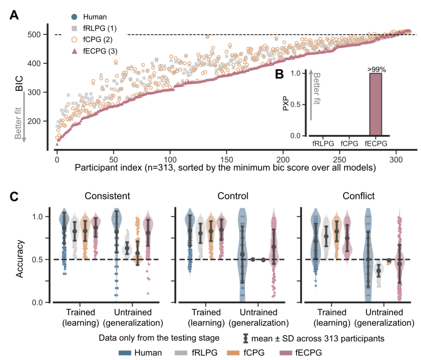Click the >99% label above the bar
[376, 69]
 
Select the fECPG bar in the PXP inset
[376, 105]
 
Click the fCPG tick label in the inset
[350, 144]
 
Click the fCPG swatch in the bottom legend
[231, 353]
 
